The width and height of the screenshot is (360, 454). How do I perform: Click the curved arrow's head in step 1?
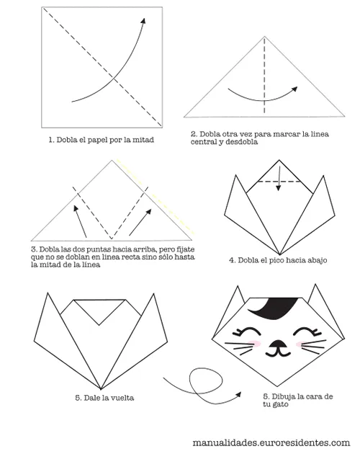coord(142,22)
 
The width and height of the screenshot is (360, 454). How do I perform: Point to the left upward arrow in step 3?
coord(79,220)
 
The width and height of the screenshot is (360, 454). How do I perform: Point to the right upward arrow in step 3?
coord(141,220)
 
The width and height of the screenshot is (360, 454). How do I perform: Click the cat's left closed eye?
coord(249,332)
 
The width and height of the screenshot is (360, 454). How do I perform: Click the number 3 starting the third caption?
coord(35,249)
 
